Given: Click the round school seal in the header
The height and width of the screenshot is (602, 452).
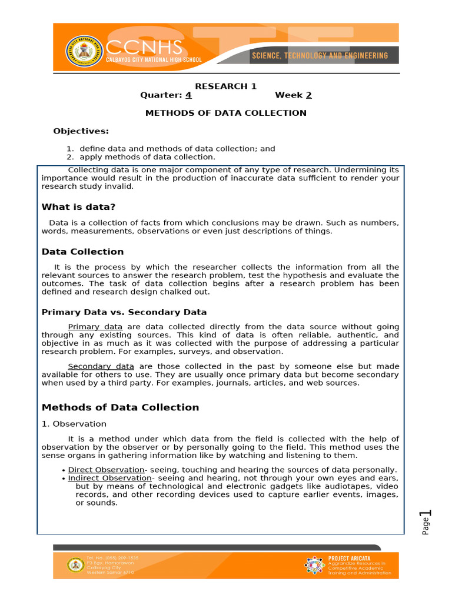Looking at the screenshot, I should tap(84, 51).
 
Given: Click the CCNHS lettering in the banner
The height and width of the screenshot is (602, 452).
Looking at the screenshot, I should tap(154, 46).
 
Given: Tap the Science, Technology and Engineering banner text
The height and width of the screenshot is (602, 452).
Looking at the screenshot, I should tap(320, 55).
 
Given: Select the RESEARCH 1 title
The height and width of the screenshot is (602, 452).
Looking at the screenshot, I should tap(225, 86).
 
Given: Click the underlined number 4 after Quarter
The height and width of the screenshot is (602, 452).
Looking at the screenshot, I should tap(188, 95).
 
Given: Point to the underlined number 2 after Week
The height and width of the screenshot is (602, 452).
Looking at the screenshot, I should tap(308, 95).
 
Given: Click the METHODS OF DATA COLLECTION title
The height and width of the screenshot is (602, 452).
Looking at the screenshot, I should tap(225, 113).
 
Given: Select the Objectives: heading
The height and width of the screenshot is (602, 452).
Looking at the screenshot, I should tap(81, 131).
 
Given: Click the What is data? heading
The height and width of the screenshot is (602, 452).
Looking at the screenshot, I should tap(78, 207).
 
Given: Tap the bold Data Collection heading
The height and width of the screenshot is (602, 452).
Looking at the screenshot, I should tap(82, 252).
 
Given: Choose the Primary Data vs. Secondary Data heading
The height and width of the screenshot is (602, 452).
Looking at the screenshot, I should tap(124, 312).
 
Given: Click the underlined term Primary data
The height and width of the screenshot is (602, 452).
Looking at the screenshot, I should tap(95, 327).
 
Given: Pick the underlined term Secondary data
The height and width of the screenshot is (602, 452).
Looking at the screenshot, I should tap(101, 366).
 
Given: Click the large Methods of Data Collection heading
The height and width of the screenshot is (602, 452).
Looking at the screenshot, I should tap(120, 407).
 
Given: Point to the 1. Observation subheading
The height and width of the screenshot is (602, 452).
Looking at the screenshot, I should tap(74, 424).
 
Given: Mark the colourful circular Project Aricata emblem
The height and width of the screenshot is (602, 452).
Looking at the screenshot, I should tap(314, 565).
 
